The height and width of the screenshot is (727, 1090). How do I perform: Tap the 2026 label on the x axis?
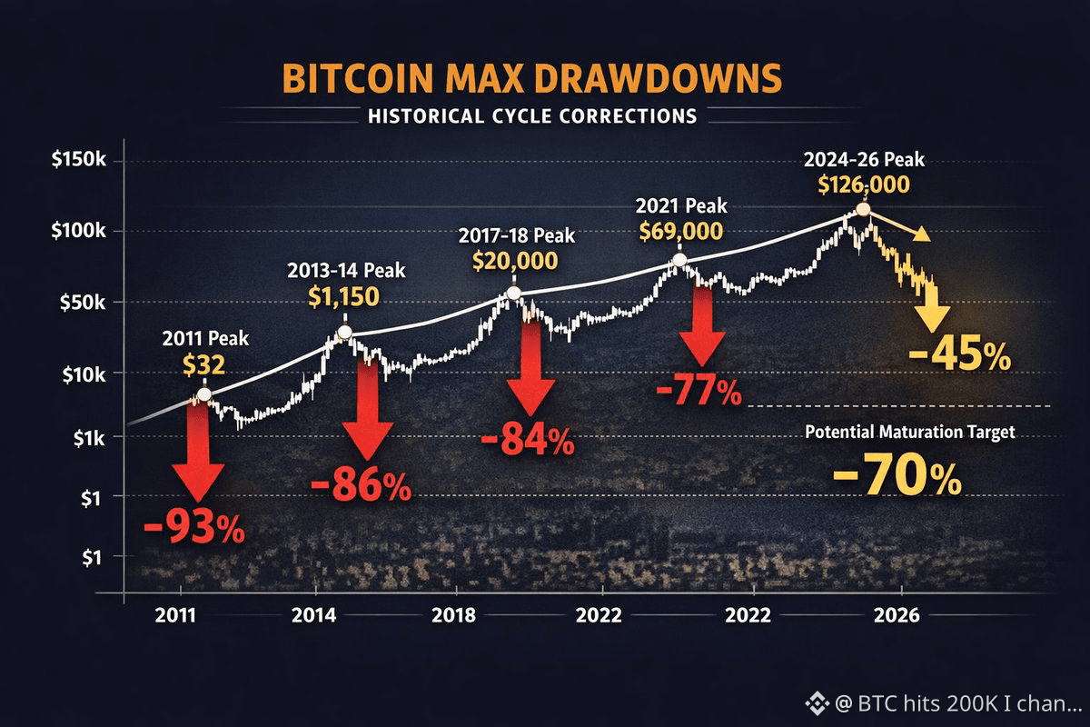click(x=898, y=615)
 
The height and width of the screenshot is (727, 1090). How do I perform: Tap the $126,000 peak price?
click(x=864, y=185)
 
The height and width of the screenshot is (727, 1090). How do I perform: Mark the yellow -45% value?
click(x=959, y=355)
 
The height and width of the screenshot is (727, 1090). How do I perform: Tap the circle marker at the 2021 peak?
click(x=679, y=261)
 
